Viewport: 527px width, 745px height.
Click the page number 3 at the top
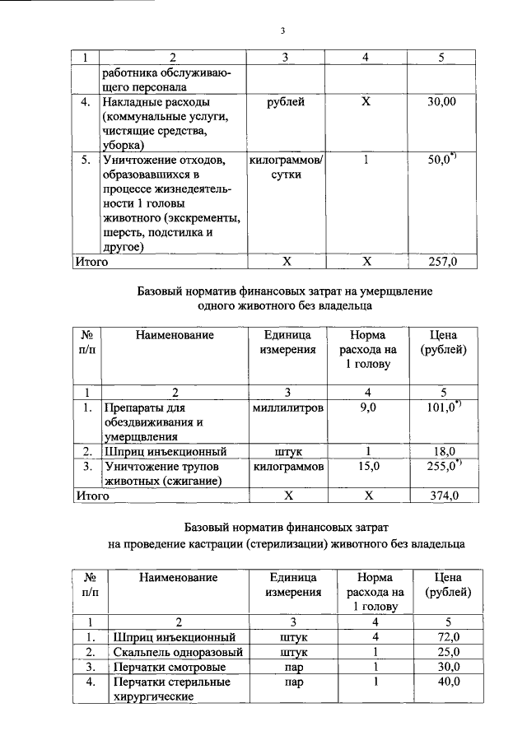click(282, 31)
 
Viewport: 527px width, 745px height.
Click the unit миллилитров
click(287, 407)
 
